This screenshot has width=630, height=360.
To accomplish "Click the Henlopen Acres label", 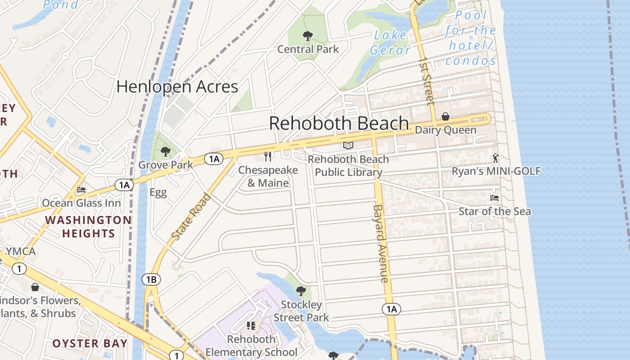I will pyautogui.click(x=177, y=86).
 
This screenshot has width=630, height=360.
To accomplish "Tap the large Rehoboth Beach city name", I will pyautogui.click(x=339, y=123).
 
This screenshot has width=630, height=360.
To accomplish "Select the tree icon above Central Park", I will pyautogui.click(x=308, y=36).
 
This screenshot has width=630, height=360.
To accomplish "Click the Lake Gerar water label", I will pyautogui.click(x=390, y=42).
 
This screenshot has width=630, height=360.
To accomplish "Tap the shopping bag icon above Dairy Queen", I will pyautogui.click(x=445, y=117).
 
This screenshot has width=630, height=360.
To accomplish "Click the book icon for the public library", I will pyautogui.click(x=348, y=145).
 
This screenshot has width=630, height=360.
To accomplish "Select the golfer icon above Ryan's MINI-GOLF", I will pyautogui.click(x=495, y=158).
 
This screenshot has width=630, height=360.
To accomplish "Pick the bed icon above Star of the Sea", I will pyautogui.click(x=494, y=198).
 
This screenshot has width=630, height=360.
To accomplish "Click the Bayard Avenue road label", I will pyautogui.click(x=380, y=243).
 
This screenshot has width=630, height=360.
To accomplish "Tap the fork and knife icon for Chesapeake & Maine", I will pyautogui.click(x=268, y=156).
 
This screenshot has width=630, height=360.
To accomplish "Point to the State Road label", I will pyautogui.click(x=191, y=216).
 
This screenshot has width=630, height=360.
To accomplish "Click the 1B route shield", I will pyautogui.click(x=151, y=280).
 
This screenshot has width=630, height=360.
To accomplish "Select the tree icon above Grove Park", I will pyautogui.click(x=165, y=152).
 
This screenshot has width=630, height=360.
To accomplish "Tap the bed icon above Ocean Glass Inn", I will pyautogui.click(x=81, y=190).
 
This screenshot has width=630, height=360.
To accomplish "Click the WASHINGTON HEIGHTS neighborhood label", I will pyautogui.click(x=89, y=227).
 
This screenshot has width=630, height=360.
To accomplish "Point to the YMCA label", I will pyautogui.click(x=21, y=251).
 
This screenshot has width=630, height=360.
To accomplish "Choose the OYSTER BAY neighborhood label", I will pyautogui.click(x=90, y=343).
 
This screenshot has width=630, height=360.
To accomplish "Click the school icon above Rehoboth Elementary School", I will pyautogui.click(x=251, y=325).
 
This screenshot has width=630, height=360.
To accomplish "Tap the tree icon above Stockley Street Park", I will pyautogui.click(x=301, y=291).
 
